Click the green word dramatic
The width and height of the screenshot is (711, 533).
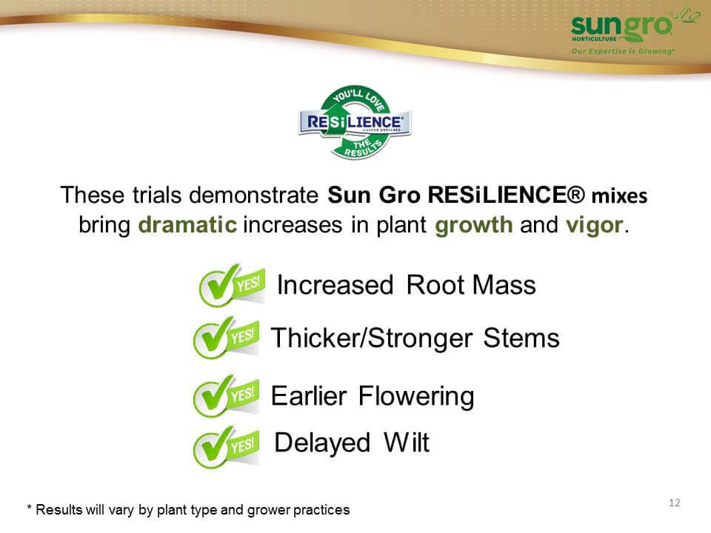pos(187,225)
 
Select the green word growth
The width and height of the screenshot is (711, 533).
pos(474,225)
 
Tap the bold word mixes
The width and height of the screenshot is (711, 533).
pos(619,195)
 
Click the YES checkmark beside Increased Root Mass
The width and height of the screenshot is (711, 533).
pos(232,285)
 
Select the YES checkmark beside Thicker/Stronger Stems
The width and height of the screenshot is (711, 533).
pos(226,338)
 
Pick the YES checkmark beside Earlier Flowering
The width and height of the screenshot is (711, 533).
pos(226,395)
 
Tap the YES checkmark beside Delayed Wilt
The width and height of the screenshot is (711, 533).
pos(226,446)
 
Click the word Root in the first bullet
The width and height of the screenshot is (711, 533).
pos(435,285)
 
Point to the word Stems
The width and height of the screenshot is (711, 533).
pos(521,338)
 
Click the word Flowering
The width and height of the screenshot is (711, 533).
pos(416,397)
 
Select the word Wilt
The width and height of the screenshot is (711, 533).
pos(407,443)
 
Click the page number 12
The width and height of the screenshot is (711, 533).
pos(674,503)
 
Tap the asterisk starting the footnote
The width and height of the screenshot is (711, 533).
pos(30,508)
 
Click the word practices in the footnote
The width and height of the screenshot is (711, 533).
pos(321,510)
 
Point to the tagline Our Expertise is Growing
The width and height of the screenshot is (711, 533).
pos(623,51)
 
